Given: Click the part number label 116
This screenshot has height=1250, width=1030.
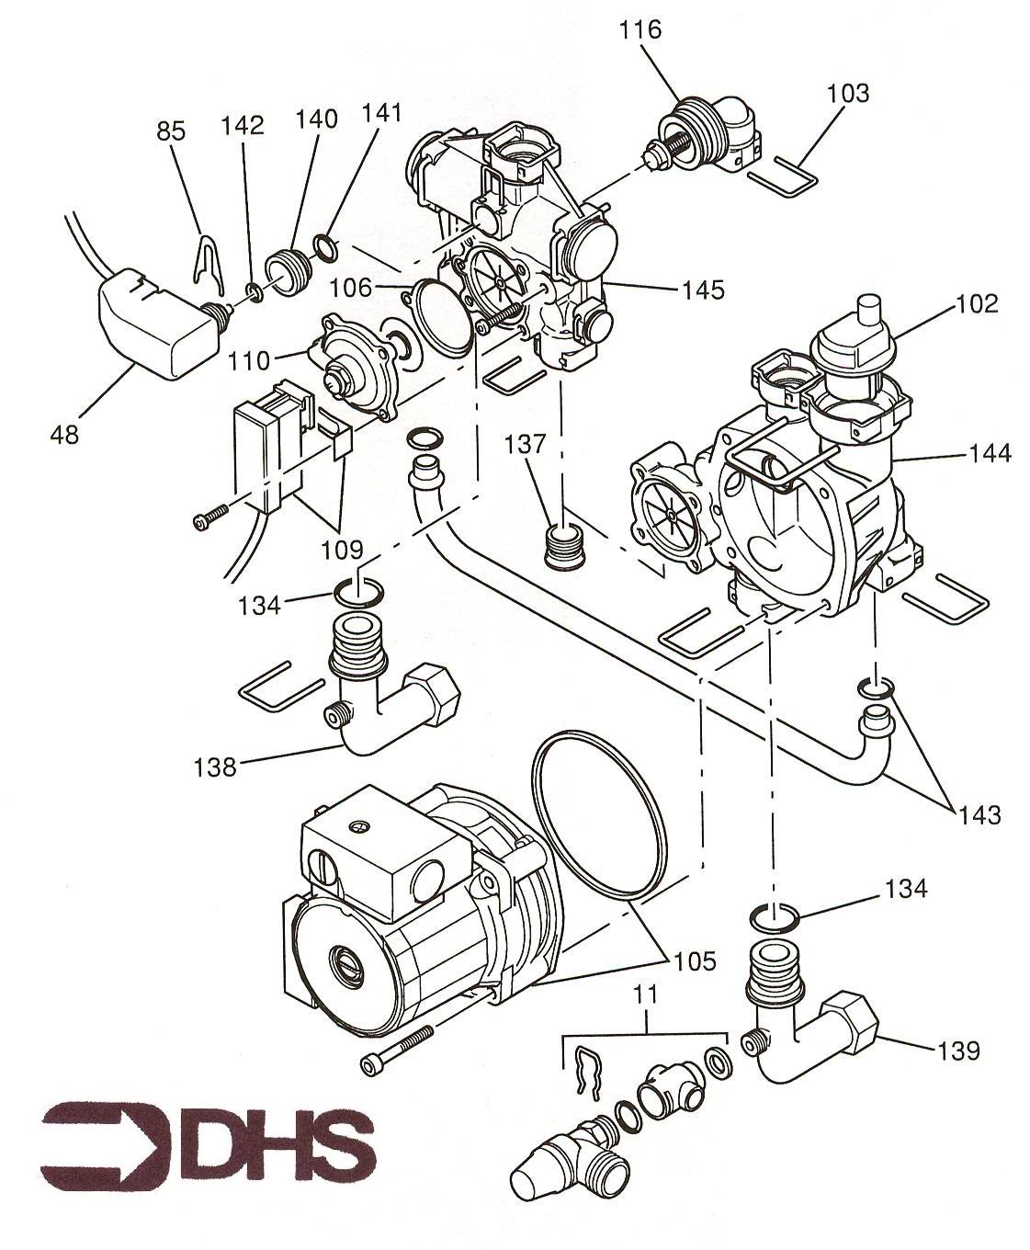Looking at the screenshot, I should (640, 29).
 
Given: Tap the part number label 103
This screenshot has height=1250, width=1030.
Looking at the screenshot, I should (847, 93).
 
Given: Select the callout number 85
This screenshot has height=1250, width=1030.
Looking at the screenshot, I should (171, 131).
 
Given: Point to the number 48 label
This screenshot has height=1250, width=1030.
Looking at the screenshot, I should (64, 434).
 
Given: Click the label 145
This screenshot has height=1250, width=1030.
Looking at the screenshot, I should (703, 290).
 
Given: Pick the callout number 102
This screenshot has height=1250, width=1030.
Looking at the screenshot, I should (976, 304).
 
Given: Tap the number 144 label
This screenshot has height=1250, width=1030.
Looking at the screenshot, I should (989, 453).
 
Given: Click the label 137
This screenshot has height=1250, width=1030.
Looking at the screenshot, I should (525, 444).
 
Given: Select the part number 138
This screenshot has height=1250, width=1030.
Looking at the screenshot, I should (216, 766).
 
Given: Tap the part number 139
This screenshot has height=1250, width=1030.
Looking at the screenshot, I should (958, 1051).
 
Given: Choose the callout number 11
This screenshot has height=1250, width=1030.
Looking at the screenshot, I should (647, 994).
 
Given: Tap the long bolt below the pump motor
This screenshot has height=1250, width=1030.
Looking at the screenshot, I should (397, 1049).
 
